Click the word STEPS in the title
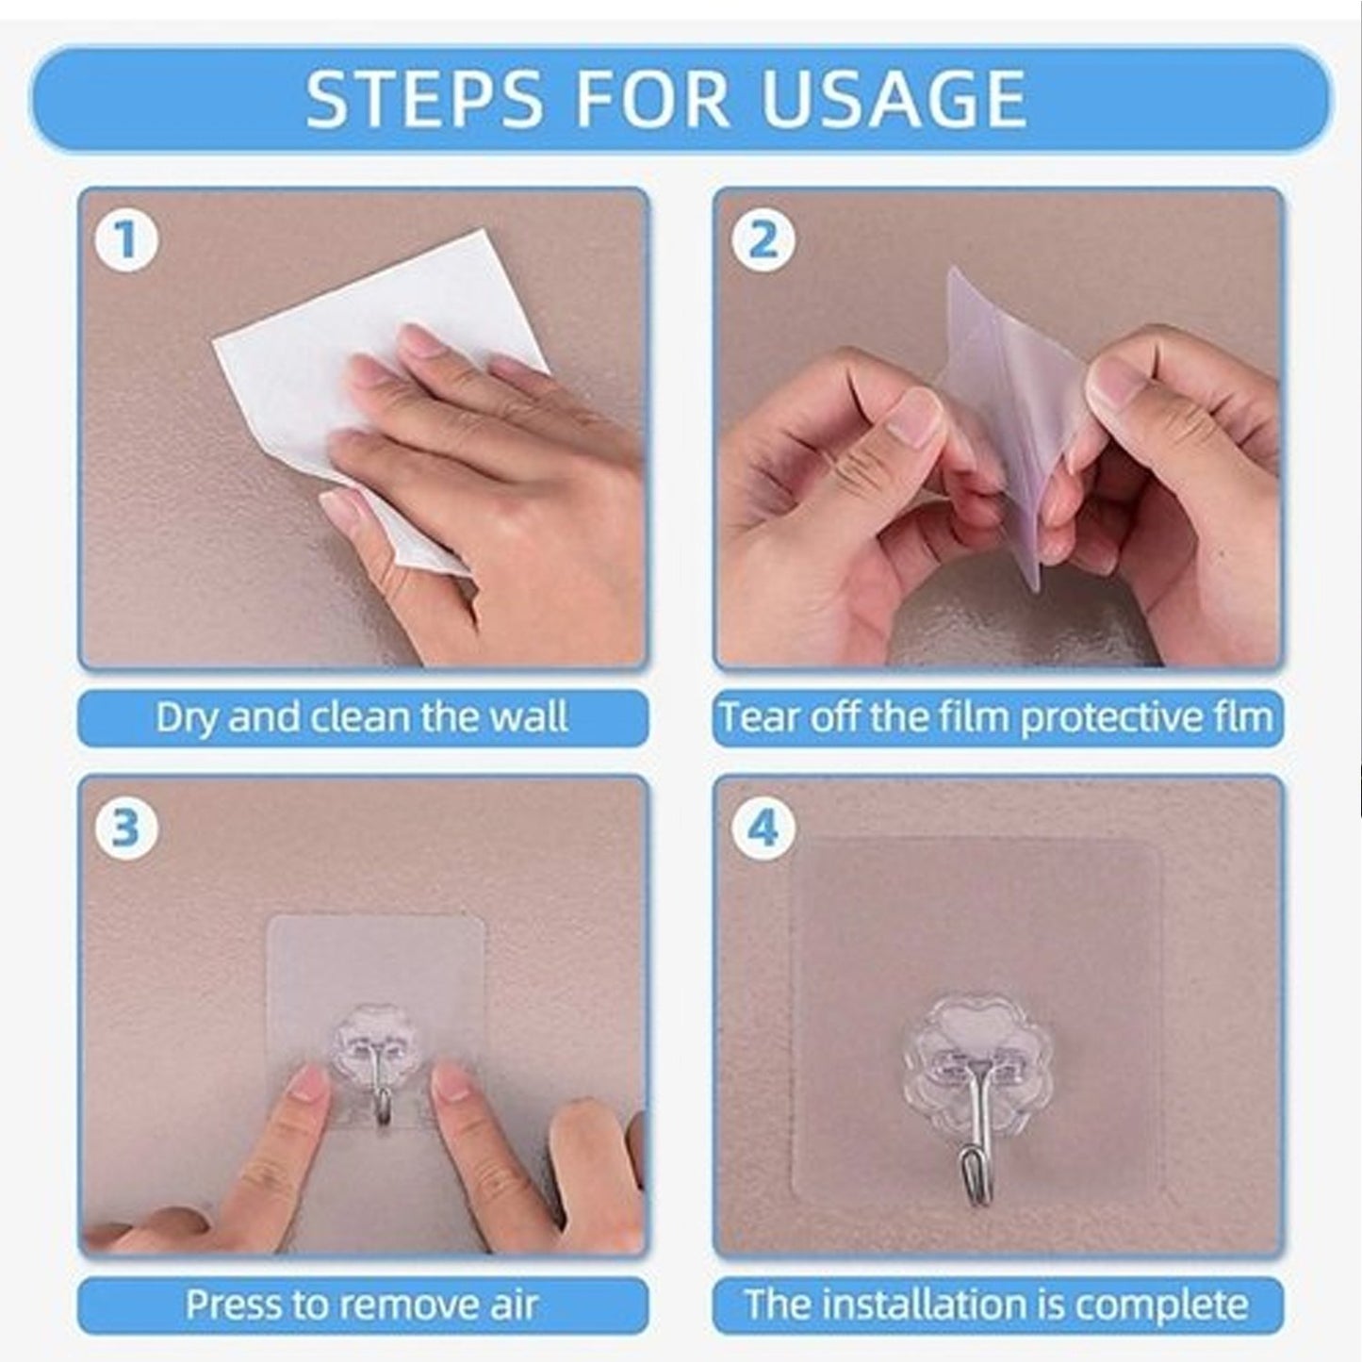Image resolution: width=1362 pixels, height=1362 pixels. (x=424, y=99)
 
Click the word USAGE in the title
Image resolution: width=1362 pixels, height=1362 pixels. (x=893, y=99)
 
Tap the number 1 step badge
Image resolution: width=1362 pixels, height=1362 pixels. (x=125, y=239)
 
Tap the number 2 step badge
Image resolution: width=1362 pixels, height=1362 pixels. (x=763, y=239)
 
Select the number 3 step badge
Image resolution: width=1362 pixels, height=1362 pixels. (x=125, y=827)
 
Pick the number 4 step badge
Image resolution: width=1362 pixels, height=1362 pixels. (x=763, y=827)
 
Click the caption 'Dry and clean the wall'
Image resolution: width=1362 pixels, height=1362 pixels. (x=362, y=718)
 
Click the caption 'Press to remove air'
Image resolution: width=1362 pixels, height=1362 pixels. (x=362, y=1305)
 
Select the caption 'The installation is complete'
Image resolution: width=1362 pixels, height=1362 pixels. (x=996, y=1305)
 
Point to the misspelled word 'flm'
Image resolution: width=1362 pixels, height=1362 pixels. (x=1244, y=718)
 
